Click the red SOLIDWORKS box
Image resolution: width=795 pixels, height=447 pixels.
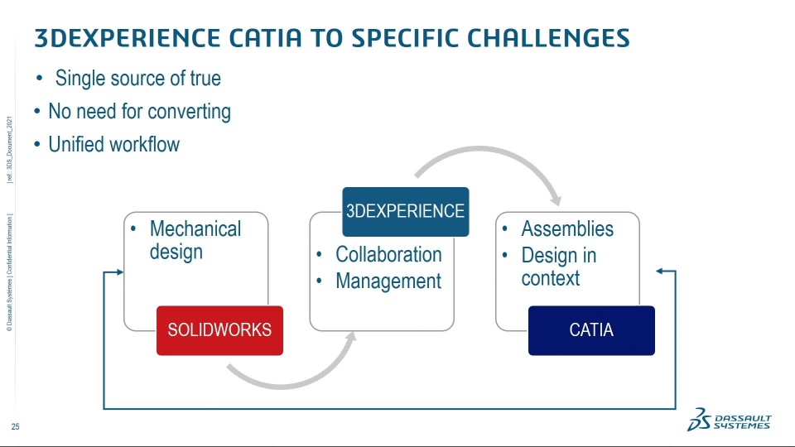click(219, 330)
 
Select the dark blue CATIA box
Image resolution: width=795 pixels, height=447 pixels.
click(591, 330)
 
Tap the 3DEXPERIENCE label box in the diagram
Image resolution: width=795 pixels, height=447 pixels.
click(405, 211)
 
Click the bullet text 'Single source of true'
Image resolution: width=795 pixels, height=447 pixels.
click(137, 79)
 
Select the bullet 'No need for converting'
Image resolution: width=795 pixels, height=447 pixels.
click(139, 112)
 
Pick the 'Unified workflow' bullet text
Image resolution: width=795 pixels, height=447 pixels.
click(113, 145)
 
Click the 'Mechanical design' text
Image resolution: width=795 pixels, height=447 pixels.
click(195, 239)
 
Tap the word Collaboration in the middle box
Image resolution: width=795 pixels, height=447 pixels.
click(388, 254)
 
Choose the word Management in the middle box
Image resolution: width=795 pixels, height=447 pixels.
click(388, 281)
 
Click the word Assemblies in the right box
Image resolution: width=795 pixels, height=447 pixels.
click(567, 228)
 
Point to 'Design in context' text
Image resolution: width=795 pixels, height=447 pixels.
click(558, 267)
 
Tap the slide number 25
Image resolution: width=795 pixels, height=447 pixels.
click(15, 427)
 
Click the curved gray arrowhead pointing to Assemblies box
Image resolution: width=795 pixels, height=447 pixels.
click(555, 199)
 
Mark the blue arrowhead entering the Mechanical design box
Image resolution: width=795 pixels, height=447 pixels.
click(119, 272)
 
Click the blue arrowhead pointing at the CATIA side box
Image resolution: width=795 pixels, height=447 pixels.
click(661, 272)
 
